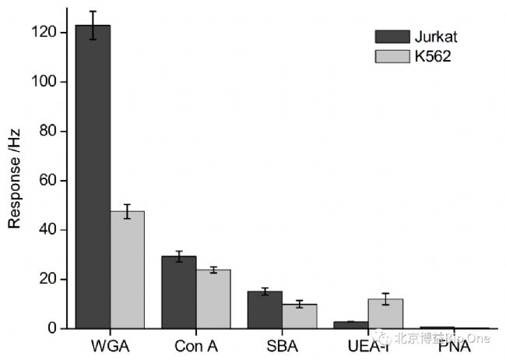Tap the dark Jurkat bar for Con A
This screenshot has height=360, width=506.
(x=179, y=292)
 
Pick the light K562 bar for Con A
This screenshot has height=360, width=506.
(x=213, y=299)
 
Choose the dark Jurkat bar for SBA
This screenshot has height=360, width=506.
(x=265, y=310)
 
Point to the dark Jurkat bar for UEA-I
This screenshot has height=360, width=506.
(x=351, y=325)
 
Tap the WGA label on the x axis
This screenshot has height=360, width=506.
(x=110, y=346)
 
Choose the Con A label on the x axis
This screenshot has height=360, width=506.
(x=196, y=346)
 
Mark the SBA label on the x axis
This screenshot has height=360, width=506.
(x=282, y=346)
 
